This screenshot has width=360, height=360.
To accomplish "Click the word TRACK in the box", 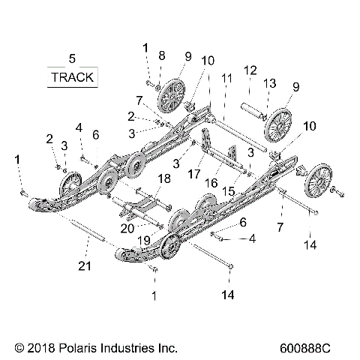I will coord(72,77).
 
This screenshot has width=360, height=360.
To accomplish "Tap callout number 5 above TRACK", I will coord(72,58).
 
